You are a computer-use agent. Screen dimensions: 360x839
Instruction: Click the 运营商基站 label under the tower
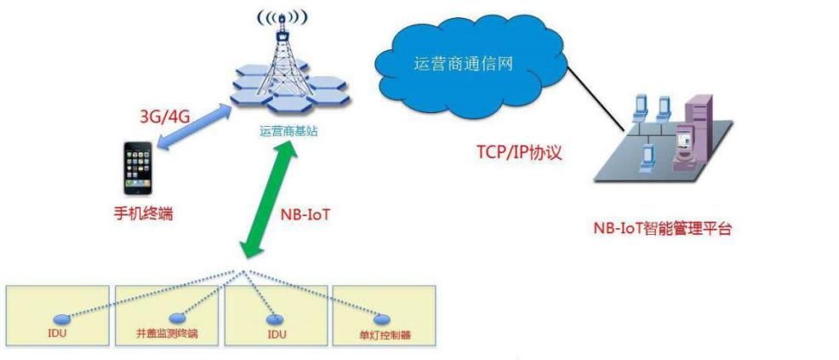coord(285,131)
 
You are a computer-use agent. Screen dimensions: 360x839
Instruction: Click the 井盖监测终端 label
coord(168,334)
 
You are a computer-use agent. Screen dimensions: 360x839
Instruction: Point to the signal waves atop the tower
coord(284,17)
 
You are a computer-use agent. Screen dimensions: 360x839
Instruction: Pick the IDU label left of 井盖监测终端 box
coord(58,333)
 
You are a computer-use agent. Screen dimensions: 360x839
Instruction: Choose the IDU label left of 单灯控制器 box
coord(277,333)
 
